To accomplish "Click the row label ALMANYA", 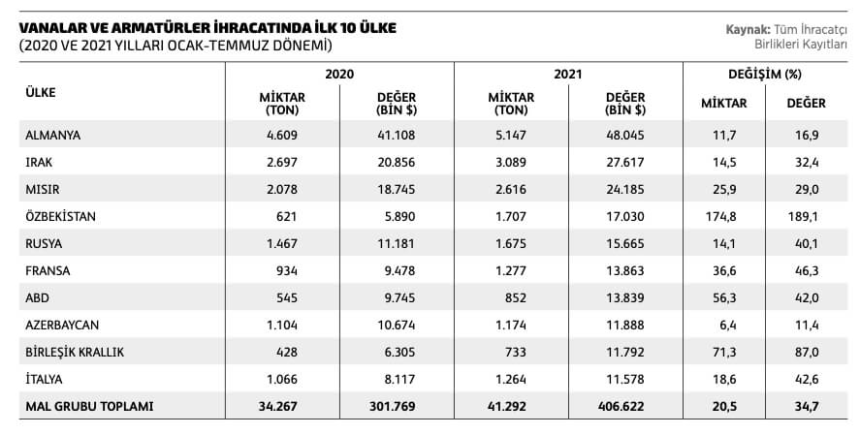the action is pyautogui.click(x=52, y=135).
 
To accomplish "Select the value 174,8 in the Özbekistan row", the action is pyautogui.click(x=720, y=216).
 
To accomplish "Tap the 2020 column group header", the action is pyautogui.click(x=339, y=74).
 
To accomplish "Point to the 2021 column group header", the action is pyautogui.click(x=567, y=74).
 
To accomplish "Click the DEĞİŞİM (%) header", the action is pyautogui.click(x=765, y=74).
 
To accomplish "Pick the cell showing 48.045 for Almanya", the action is pyautogui.click(x=624, y=135).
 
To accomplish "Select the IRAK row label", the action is pyautogui.click(x=39, y=162).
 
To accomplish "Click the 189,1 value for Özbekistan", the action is pyautogui.click(x=803, y=216).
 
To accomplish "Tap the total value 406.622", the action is pyautogui.click(x=621, y=407).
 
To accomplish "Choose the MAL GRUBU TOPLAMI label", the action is pyautogui.click(x=89, y=407).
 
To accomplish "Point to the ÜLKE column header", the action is pyautogui.click(x=41, y=92).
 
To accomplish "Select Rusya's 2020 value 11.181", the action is pyautogui.click(x=396, y=244).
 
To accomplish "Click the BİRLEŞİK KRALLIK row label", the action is pyautogui.click(x=75, y=352).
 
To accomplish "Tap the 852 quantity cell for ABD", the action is pyautogui.click(x=516, y=298).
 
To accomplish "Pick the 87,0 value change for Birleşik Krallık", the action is pyautogui.click(x=807, y=353).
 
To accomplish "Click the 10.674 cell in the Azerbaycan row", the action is pyautogui.click(x=396, y=325).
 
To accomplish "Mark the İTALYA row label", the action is pyautogui.click(x=44, y=379).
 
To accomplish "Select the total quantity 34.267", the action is pyautogui.click(x=278, y=407).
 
